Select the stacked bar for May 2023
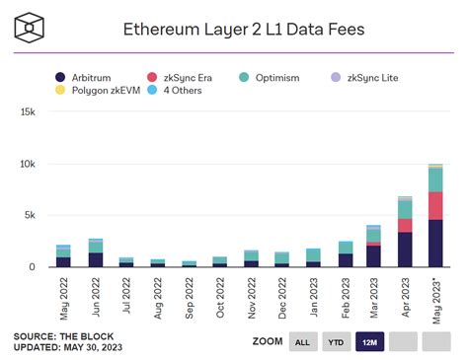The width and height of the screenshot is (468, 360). point(434,215)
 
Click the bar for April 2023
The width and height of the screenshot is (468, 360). point(405,232)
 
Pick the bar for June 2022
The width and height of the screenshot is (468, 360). point(95,252)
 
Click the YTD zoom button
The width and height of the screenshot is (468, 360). point(337,342)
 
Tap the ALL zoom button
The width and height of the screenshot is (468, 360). point(302,342)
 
